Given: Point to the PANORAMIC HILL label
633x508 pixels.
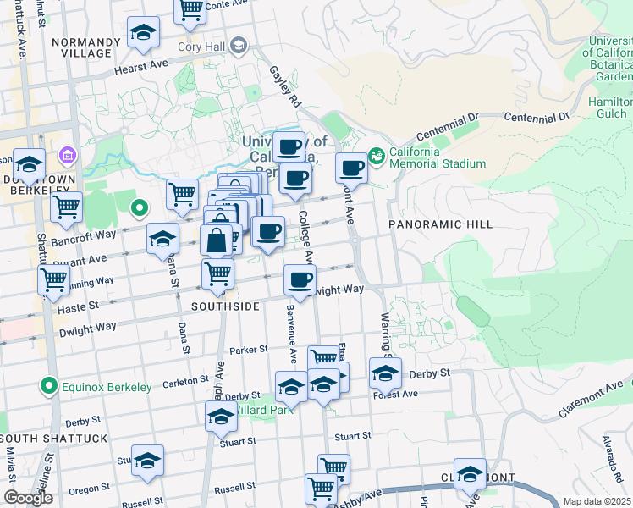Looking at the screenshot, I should pyautogui.click(x=427, y=224).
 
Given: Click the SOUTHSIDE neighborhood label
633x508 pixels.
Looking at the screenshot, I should pyautogui.click(x=225, y=306).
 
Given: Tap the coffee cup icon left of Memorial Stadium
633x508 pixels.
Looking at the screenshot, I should pyautogui.click(x=351, y=168).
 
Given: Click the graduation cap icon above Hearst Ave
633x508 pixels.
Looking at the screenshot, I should pyautogui.click(x=144, y=34).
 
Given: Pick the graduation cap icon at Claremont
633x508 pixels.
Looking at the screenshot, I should pyautogui.click(x=470, y=475).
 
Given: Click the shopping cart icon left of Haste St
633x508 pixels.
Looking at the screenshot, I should pyautogui.click(x=54, y=279).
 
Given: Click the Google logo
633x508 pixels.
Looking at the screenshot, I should pyautogui.click(x=28, y=498).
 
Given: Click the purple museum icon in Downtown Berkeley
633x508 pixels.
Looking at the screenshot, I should pyautogui.click(x=67, y=156).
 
